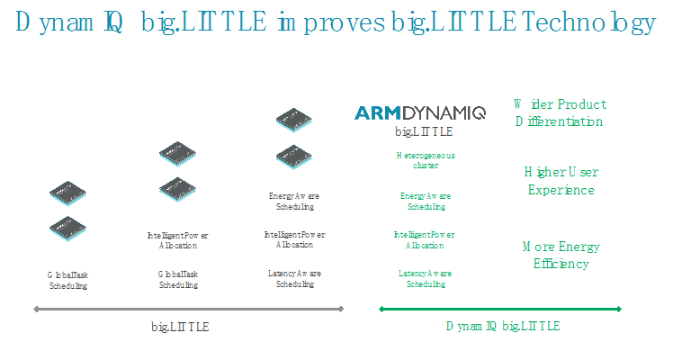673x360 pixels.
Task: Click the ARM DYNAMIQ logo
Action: pyautogui.click(x=420, y=112)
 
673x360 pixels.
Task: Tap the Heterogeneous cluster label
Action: pyautogui.click(x=426, y=160)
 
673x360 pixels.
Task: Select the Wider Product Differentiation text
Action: pyautogui.click(x=560, y=112)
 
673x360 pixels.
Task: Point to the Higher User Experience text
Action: pyautogui.click(x=561, y=181)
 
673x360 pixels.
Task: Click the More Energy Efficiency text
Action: pyautogui.click(x=561, y=255)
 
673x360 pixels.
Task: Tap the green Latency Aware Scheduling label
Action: pyautogui.click(x=426, y=278)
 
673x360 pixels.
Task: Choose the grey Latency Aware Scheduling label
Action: pyautogui.click(x=294, y=278)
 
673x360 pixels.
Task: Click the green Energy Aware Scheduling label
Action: pyautogui.click(x=426, y=202)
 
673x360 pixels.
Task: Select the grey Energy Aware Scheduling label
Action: pyautogui.click(x=294, y=202)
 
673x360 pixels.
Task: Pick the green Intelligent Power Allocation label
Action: pyautogui.click(x=425, y=240)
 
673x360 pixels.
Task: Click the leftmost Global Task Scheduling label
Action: pyautogui.click(x=67, y=280)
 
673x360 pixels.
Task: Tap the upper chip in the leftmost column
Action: pyautogui.click(x=67, y=193)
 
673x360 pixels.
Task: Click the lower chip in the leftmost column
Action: pyautogui.click(x=67, y=229)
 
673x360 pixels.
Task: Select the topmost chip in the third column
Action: pyautogui.click(x=294, y=120)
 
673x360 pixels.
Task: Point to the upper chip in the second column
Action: pyautogui.click(x=177, y=154)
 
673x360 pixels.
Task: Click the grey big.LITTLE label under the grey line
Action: pyautogui.click(x=180, y=327)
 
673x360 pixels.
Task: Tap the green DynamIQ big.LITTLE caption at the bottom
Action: pyautogui.click(x=503, y=326)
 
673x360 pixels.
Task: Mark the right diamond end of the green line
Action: pyautogui.click(x=619, y=309)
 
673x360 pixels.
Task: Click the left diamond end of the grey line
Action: pyautogui.click(x=37, y=309)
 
